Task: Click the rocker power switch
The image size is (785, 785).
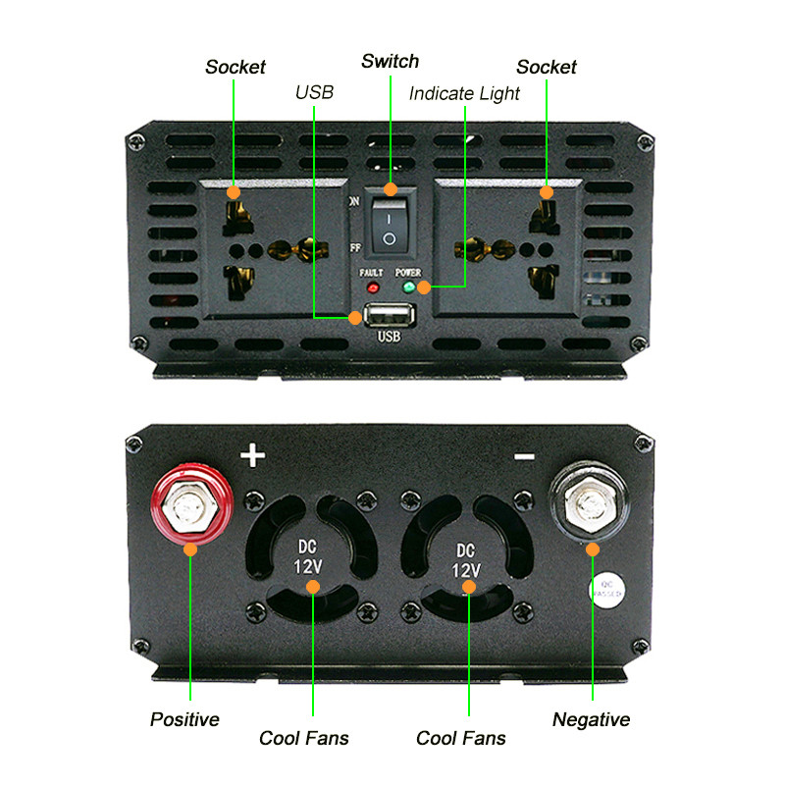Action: pos(390,225)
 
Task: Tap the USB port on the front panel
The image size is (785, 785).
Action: pos(390,316)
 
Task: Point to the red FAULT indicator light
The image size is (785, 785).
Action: pos(373,288)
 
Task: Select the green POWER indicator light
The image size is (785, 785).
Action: pos(408,288)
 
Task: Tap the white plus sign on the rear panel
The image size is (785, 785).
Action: pos(253,455)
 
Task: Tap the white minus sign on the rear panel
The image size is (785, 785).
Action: pos(523,455)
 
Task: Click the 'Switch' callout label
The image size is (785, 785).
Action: pos(390,62)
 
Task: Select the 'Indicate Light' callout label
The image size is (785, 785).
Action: pos(464,94)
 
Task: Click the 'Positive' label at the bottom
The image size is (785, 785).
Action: pos(184,719)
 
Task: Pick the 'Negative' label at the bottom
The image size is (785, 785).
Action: pos(591,719)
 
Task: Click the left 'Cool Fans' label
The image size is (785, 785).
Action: pos(304,738)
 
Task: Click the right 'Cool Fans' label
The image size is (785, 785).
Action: pos(461,738)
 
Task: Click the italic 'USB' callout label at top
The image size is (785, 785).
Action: pos(314,93)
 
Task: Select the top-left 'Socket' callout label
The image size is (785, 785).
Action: pos(235,67)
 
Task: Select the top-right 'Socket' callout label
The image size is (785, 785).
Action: pos(547,67)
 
